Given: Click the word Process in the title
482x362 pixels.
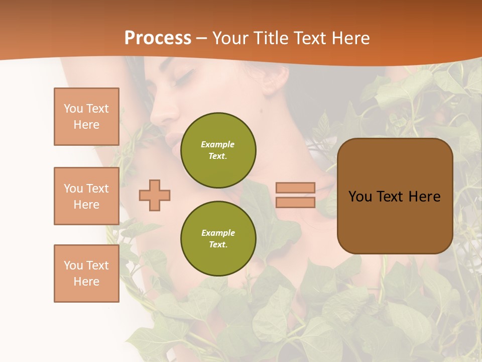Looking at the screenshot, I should point(158,38).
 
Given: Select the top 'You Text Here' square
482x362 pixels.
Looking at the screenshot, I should point(86,117).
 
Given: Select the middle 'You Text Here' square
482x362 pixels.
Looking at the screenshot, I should point(86,196).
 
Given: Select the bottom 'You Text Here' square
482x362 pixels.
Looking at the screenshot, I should point(86,274).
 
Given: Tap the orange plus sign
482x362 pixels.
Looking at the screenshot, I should point(155,195).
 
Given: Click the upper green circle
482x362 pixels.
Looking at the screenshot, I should point(218,150).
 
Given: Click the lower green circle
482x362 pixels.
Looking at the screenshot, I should point(218,238).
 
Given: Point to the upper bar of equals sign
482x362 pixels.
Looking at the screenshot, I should point(295,188).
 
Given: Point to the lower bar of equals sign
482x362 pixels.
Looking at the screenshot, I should point(295,203).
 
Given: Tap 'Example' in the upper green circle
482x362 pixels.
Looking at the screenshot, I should point(217,144).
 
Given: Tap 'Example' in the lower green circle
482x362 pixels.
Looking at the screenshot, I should point(217,233).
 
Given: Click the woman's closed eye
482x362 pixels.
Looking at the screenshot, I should point(184,77).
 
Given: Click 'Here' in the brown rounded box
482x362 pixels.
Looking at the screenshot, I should point(425,197).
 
